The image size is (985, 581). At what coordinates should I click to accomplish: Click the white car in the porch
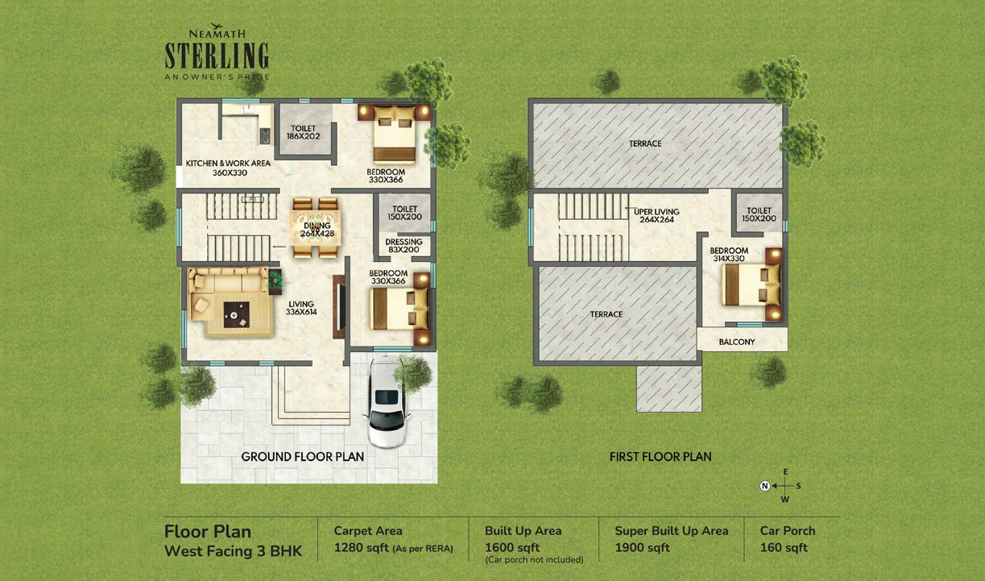coord(387,402)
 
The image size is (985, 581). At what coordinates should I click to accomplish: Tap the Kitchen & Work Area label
coord(228,168)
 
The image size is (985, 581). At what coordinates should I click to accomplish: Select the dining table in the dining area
coord(315,228)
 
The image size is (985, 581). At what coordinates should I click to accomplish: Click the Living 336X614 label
coord(301,308)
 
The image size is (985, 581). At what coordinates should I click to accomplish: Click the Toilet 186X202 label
coord(304,132)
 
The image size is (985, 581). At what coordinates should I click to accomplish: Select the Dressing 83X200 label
coord(404,246)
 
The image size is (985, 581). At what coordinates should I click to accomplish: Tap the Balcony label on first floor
coord(737,342)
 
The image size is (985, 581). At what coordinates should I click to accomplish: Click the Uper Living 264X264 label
coord(656,215)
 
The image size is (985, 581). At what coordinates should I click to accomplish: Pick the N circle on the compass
coord(764,486)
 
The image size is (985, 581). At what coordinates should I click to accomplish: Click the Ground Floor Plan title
coord(303,457)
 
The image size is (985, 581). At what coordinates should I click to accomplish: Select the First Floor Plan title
coord(660,457)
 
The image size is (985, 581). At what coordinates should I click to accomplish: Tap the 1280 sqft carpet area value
coord(362,548)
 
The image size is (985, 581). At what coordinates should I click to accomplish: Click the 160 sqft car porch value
coord(784,548)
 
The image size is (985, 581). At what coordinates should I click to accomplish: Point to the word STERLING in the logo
coord(217,56)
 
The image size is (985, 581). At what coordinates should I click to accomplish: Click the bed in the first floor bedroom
coord(751,284)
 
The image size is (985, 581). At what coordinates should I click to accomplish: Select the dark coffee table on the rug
coord(237,314)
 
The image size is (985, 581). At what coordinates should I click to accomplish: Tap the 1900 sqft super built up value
coord(642,548)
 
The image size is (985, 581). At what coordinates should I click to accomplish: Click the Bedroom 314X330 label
coord(729,255)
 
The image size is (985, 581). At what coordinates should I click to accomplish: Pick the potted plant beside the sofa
coord(275,280)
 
